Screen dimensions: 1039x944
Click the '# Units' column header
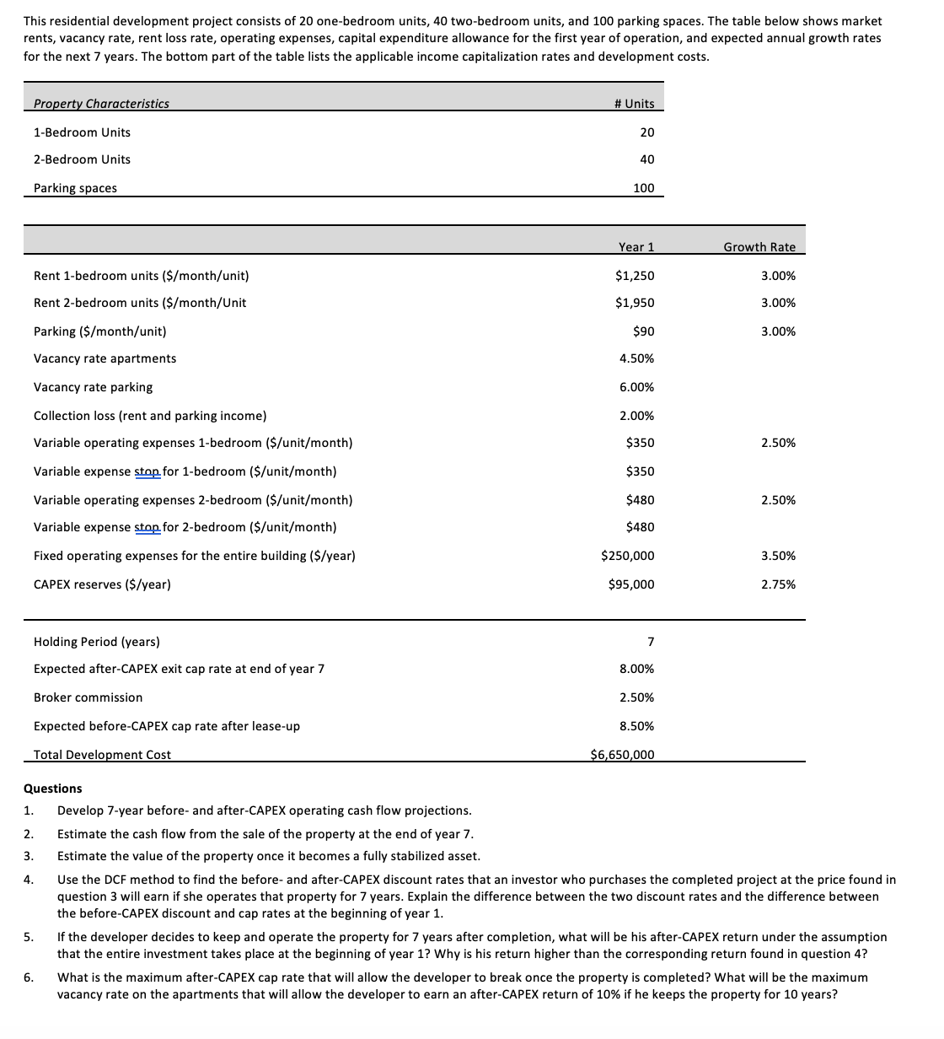[635, 103]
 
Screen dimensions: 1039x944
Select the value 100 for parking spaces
[643, 188]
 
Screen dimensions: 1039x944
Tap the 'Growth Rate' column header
[759, 247]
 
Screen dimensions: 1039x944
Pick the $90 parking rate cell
[643, 331]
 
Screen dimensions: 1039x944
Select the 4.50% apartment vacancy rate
[636, 358]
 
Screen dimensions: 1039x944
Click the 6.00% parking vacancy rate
[636, 387]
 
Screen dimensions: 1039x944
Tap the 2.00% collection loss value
[636, 416]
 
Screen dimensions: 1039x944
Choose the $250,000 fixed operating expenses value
[627, 556]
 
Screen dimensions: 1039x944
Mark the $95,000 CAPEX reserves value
[630, 584]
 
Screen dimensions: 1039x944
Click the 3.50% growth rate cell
[778, 556]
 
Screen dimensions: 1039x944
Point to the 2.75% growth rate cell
[778, 584]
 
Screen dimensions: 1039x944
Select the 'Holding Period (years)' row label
[97, 642]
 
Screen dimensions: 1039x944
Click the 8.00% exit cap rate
[636, 669]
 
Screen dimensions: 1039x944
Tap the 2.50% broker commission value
[636, 697]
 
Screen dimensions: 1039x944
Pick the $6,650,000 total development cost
[622, 755]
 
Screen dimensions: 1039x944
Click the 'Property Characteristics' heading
[101, 104]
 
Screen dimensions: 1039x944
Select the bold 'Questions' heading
[53, 789]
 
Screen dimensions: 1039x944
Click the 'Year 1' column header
[636, 247]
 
